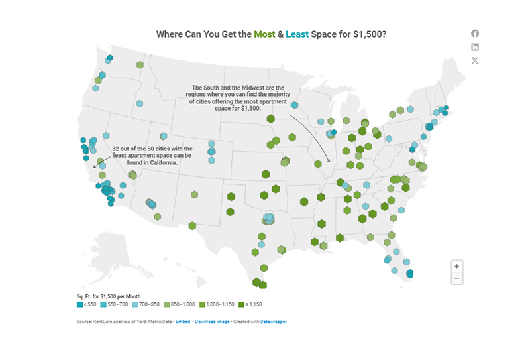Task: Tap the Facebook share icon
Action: (475, 34)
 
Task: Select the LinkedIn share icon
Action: (475, 47)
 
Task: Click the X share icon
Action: (475, 60)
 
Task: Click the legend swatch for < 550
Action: (80, 305)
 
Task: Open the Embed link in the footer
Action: (183, 322)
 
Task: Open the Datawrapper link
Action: (274, 322)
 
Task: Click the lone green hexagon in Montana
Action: (140, 65)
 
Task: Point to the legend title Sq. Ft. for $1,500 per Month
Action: (109, 296)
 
